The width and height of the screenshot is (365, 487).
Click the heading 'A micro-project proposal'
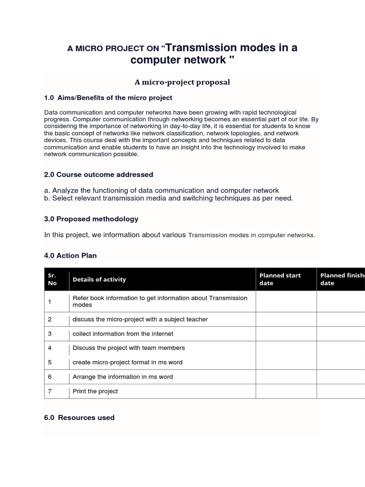(x=182, y=82)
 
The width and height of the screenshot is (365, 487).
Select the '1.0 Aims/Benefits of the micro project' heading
(x=108, y=97)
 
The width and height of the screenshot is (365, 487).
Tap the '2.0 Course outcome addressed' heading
(x=98, y=175)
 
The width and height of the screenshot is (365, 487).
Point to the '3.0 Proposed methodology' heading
(x=91, y=219)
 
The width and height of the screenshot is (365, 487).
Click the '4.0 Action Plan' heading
(x=70, y=255)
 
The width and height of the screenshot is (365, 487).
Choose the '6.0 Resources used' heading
(x=79, y=418)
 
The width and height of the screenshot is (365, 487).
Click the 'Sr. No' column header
(x=52, y=279)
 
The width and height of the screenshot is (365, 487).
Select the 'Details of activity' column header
(x=99, y=279)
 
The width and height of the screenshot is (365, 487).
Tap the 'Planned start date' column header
(x=280, y=279)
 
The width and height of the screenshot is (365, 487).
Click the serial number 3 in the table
(x=50, y=334)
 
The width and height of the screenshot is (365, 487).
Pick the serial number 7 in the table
(x=50, y=391)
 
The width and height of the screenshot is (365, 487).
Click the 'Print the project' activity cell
(x=95, y=391)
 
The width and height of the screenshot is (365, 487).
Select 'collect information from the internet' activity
(x=123, y=334)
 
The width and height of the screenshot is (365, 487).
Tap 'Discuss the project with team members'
(x=128, y=348)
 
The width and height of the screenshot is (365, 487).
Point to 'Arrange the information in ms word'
(x=123, y=377)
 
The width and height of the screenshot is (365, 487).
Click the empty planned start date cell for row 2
(x=286, y=319)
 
